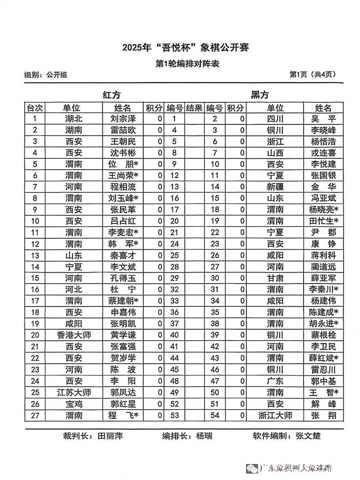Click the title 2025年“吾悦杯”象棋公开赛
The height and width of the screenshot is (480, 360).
186,48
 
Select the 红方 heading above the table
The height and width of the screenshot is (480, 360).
112,95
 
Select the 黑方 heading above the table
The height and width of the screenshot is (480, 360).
260,95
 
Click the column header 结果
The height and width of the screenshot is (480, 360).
194,108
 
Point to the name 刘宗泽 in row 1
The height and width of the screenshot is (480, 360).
123,119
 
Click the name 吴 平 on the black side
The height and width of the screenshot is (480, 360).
323,119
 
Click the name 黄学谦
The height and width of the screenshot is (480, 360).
123,335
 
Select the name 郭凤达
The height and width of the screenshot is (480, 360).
123,392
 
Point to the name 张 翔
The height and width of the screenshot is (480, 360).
323,416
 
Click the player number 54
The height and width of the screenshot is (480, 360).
215,416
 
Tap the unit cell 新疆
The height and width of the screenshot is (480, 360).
275,187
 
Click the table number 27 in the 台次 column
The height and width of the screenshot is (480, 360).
35,416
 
